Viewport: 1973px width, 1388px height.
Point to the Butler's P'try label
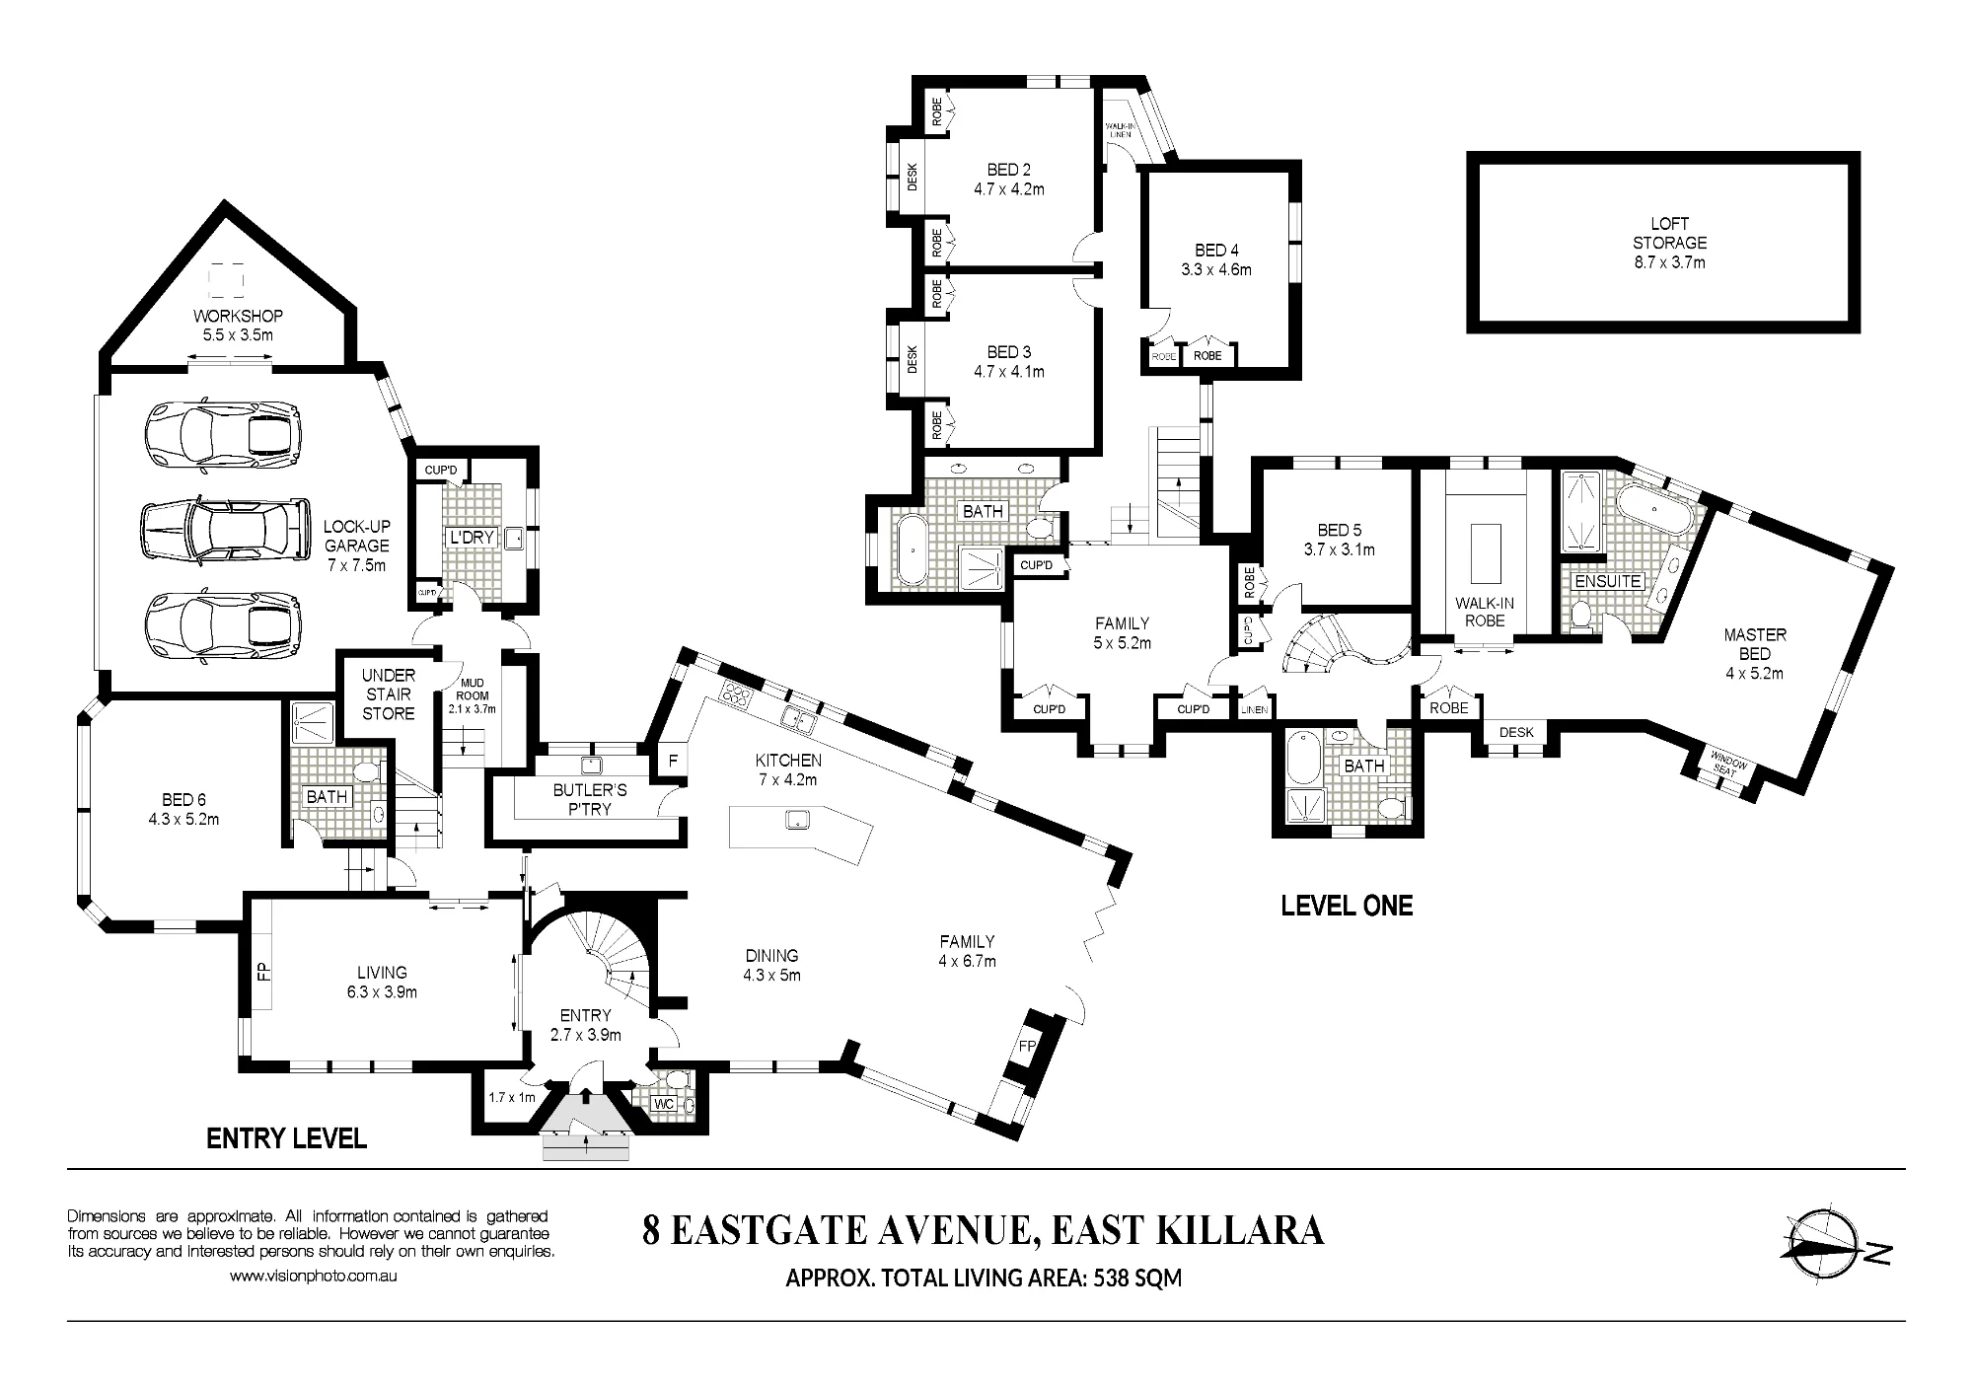[590, 799]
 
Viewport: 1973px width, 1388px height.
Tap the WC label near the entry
[664, 1104]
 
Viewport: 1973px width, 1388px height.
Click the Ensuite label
[1607, 581]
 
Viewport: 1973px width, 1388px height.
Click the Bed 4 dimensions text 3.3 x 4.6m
[1216, 269]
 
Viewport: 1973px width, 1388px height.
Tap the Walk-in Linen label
[1119, 130]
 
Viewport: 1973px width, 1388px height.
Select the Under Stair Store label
[389, 694]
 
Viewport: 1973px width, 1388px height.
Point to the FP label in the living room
[264, 971]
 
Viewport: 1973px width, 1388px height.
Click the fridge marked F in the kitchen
[674, 761]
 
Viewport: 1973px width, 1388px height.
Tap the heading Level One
[1347, 905]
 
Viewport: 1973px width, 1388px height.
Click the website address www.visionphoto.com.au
[314, 1276]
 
